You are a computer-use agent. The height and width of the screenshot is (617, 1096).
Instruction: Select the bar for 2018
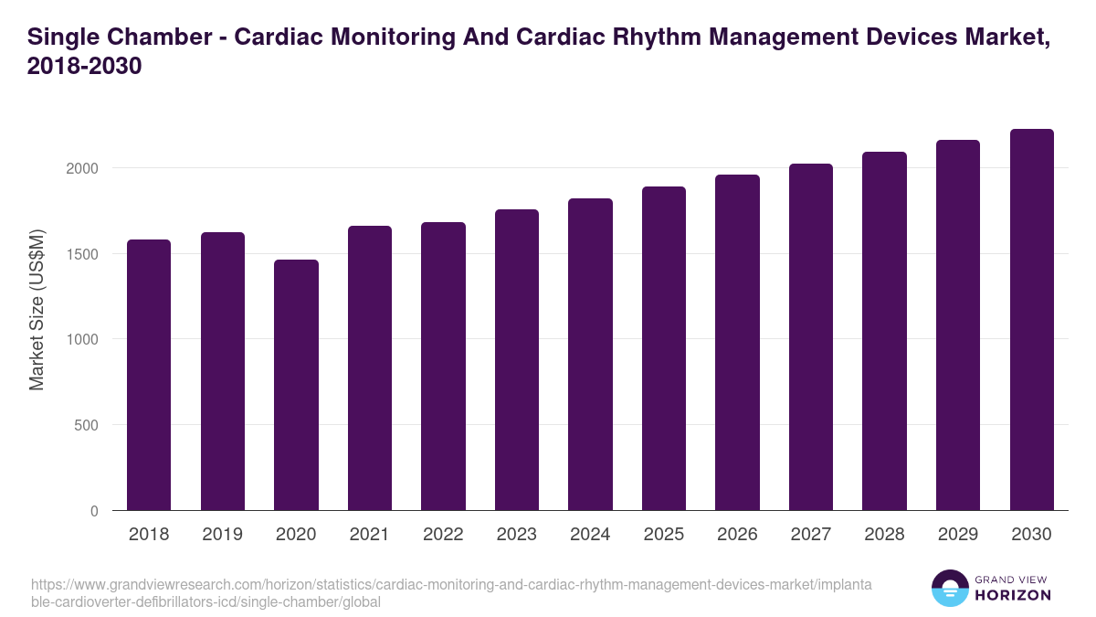[x=149, y=375]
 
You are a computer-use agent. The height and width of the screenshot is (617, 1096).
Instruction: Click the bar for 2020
[x=296, y=385]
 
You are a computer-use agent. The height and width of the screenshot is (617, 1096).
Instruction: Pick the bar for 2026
[x=737, y=342]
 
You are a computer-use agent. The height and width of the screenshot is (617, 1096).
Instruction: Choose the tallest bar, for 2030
[x=1031, y=320]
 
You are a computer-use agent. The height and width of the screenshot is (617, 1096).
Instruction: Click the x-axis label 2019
[x=222, y=535]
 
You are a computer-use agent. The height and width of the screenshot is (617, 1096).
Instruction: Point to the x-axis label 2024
[x=590, y=535]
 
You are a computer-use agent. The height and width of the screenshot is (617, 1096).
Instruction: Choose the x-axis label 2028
[x=884, y=535]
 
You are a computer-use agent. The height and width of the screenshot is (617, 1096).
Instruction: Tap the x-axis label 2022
[x=443, y=535]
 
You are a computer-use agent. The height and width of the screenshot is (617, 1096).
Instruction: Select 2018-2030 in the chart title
[x=84, y=67]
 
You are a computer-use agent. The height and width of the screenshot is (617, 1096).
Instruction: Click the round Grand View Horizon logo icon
[x=949, y=589]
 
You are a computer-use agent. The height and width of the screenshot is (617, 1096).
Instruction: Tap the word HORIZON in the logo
[x=1014, y=596]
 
